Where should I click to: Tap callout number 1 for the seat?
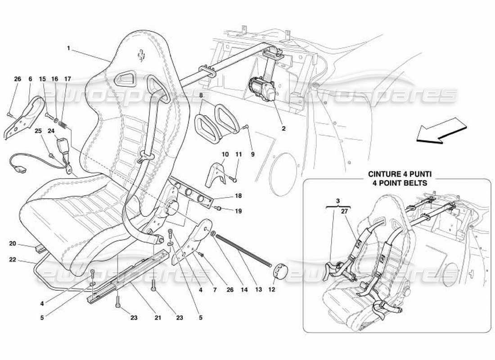click(68, 48)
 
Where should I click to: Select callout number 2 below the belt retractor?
click(283, 128)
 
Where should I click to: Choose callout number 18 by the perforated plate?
click(238, 197)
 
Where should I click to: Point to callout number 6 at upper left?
click(30, 79)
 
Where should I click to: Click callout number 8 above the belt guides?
click(201, 95)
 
